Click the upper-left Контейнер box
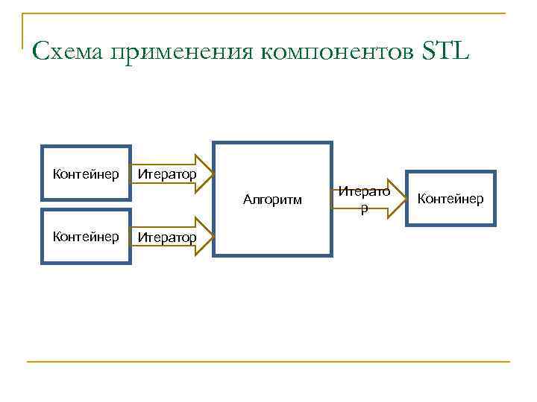click(x=86, y=173)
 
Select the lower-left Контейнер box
click(x=86, y=237)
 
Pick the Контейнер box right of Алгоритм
click(x=450, y=199)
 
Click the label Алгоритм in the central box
click(x=273, y=200)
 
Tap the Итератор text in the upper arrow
click(x=166, y=174)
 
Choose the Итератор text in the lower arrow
click(x=166, y=237)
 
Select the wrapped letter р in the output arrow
click(x=364, y=209)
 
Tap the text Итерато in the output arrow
click(x=363, y=191)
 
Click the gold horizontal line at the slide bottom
click(x=268, y=362)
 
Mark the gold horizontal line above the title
click(x=268, y=13)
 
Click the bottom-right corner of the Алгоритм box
click(x=330, y=255)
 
